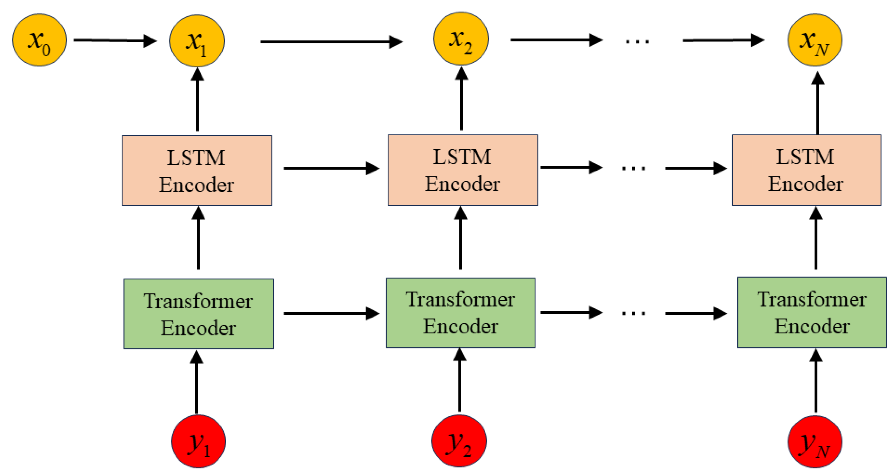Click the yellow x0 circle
[39, 40]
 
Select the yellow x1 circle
[197, 41]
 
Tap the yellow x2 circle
[461, 38]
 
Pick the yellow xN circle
[815, 40]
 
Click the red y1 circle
[198, 441]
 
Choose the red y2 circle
[459, 440]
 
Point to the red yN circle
[815, 442]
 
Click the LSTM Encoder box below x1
[197, 171]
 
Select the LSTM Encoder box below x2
[463, 170]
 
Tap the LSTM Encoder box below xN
[806, 170]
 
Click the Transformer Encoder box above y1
[199, 314]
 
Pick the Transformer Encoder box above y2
[461, 313]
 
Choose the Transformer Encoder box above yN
[812, 312]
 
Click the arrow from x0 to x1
[115, 40]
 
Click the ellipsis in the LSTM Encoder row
[633, 168]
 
